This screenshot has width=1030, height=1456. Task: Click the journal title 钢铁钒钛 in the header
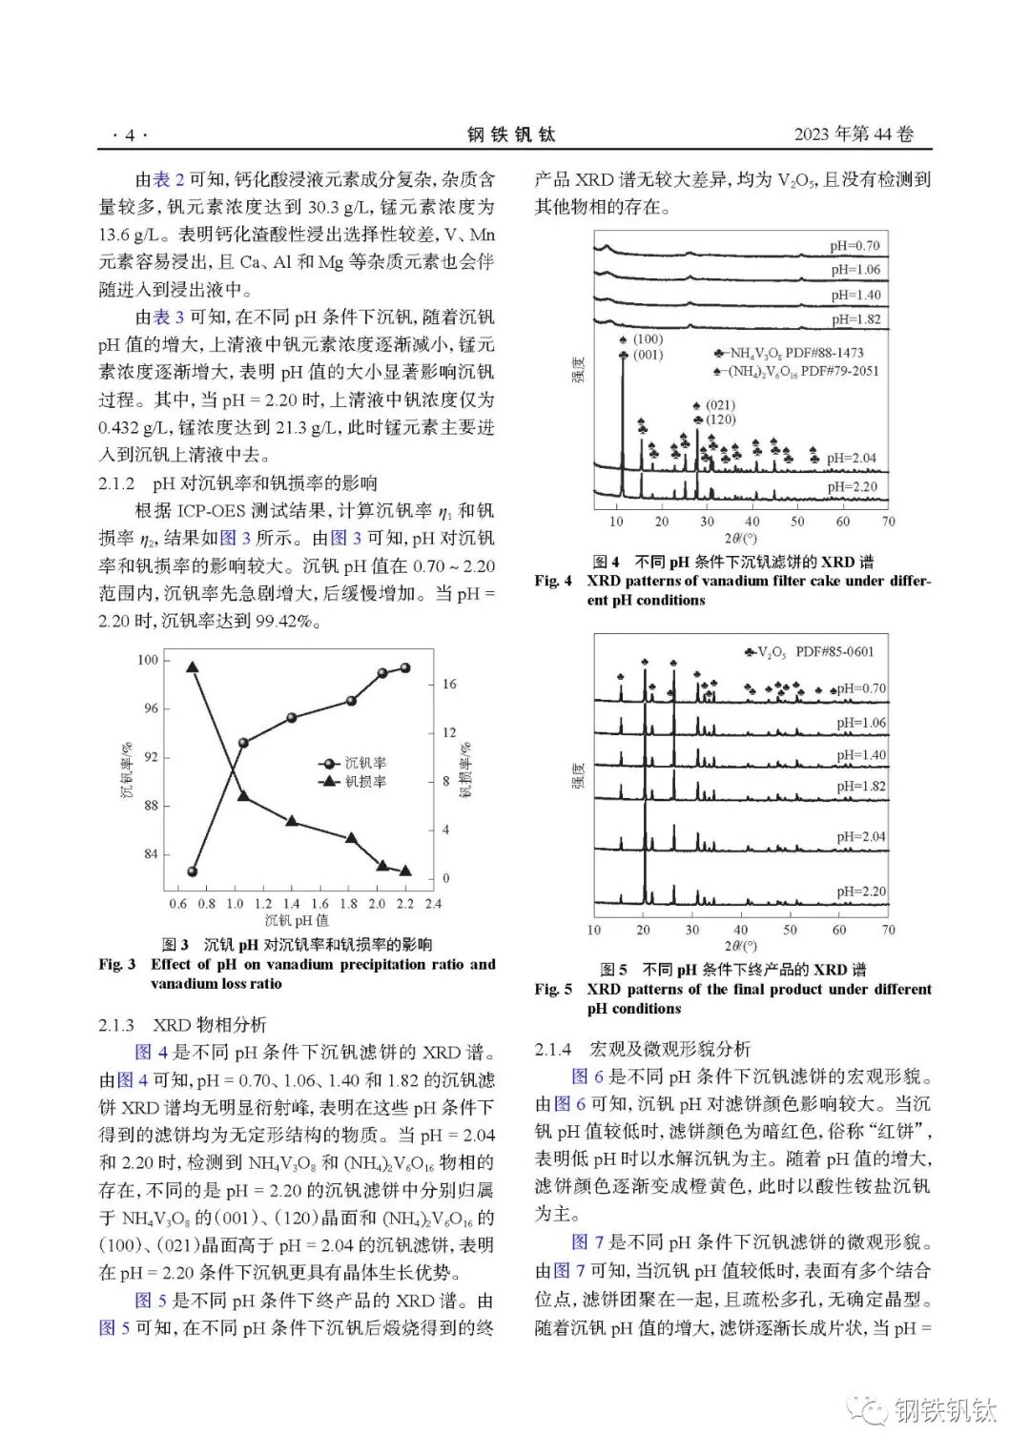pos(511,135)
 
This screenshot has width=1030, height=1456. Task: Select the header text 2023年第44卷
pos(854,134)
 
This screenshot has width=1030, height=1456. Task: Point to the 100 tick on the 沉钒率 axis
pos(148,660)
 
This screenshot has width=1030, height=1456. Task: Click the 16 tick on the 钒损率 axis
pos(448,684)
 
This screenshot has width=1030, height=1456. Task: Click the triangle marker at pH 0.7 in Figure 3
pos(193,667)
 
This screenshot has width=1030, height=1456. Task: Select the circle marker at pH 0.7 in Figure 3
pos(193,872)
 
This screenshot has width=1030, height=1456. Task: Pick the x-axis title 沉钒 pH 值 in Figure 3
pos(297,920)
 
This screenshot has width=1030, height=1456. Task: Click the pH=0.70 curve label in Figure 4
pos(854,246)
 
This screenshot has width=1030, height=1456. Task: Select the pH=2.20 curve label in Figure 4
pos(852,487)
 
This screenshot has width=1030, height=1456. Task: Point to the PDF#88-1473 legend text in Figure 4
pos(824,353)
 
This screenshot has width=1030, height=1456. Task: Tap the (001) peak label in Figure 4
pos(648,355)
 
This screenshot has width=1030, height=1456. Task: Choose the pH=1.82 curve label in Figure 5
pos(861,787)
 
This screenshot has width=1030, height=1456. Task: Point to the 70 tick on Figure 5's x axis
pos(888,930)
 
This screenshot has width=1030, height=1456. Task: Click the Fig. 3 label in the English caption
pos(117,964)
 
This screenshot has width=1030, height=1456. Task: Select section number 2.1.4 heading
pos(553,1049)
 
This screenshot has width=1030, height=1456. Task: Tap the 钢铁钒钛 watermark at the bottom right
pos(944,1410)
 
